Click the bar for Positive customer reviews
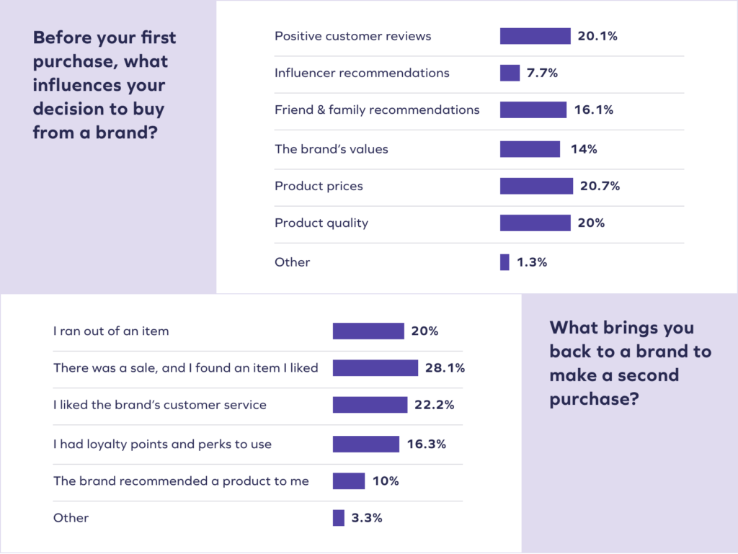pyautogui.click(x=535, y=36)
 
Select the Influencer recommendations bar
pyautogui.click(x=510, y=73)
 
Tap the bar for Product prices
pyautogui.click(x=536, y=186)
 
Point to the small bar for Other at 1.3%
pyautogui.click(x=504, y=262)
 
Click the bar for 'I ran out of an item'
pyautogui.click(x=368, y=331)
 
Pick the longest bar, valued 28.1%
pyautogui.click(x=375, y=368)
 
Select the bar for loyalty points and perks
pyautogui.click(x=365, y=444)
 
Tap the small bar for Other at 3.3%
pyautogui.click(x=338, y=518)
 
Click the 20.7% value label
pyautogui.click(x=600, y=186)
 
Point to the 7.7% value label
pyautogui.click(x=543, y=73)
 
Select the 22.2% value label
pyautogui.click(x=434, y=405)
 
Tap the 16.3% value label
pyautogui.click(x=426, y=444)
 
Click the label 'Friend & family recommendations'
pyautogui.click(x=377, y=110)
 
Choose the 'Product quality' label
pyautogui.click(x=321, y=223)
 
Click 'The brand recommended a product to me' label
pyautogui.click(x=181, y=481)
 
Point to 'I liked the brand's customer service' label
pyautogui.click(x=160, y=405)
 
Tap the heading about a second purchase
pyautogui.click(x=630, y=363)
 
